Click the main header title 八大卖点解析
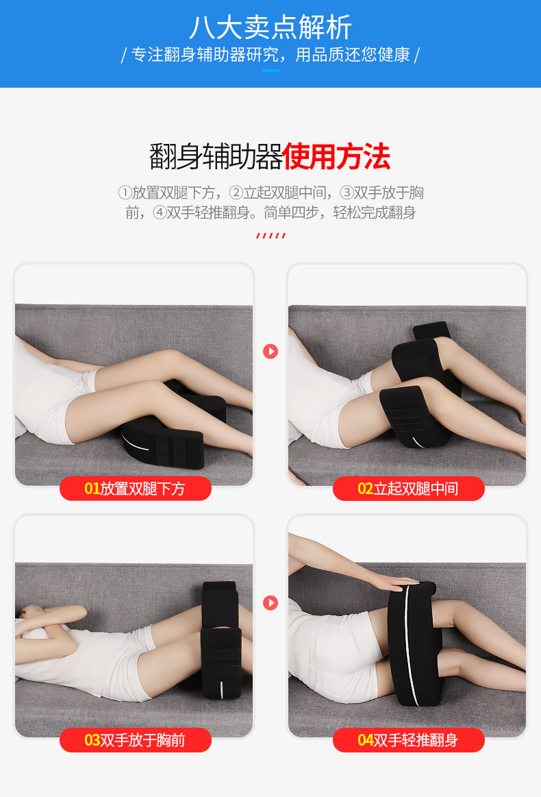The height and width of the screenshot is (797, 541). (x=270, y=27)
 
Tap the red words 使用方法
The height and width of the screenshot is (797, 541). (x=336, y=156)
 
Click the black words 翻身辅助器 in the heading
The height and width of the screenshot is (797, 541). (x=216, y=156)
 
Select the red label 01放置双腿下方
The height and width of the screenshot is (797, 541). (x=135, y=489)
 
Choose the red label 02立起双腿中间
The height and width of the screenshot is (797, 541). (x=408, y=489)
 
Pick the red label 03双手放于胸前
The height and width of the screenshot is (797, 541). (x=135, y=740)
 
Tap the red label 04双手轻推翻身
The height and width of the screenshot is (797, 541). (x=408, y=740)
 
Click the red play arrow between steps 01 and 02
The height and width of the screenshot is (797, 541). (x=270, y=352)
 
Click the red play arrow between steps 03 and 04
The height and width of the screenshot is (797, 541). (x=270, y=603)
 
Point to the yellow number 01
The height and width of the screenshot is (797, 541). (x=92, y=489)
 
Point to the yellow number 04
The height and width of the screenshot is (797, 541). (x=366, y=740)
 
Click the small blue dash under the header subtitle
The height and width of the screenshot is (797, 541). (x=270, y=70)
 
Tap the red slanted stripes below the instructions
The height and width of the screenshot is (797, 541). (x=270, y=235)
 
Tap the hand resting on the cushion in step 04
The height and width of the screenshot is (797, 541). (x=401, y=583)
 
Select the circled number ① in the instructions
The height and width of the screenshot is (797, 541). (x=125, y=193)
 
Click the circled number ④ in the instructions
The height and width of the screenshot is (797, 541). (x=160, y=212)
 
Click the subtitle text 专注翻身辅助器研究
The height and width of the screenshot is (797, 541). (x=205, y=54)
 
